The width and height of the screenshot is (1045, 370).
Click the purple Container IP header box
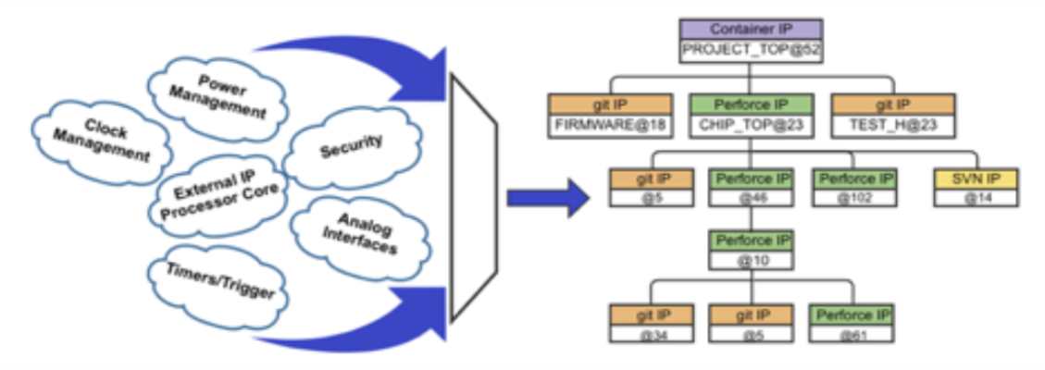[x=751, y=29]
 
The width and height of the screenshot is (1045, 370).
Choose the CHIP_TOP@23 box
[x=751, y=126]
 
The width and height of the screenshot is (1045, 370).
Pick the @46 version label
[x=751, y=196]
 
